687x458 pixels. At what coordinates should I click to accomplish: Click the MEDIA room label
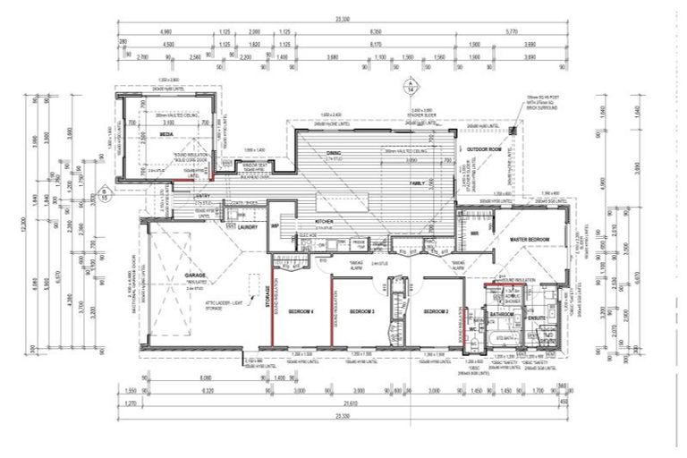166,135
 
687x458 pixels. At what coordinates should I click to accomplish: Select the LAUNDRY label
250,227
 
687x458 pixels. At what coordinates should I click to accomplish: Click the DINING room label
333,154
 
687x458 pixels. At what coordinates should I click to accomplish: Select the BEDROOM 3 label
361,310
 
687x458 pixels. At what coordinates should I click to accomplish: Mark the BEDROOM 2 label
435,310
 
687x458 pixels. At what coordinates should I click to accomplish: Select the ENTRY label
202,196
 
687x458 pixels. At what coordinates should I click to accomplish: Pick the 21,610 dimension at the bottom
343,404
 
